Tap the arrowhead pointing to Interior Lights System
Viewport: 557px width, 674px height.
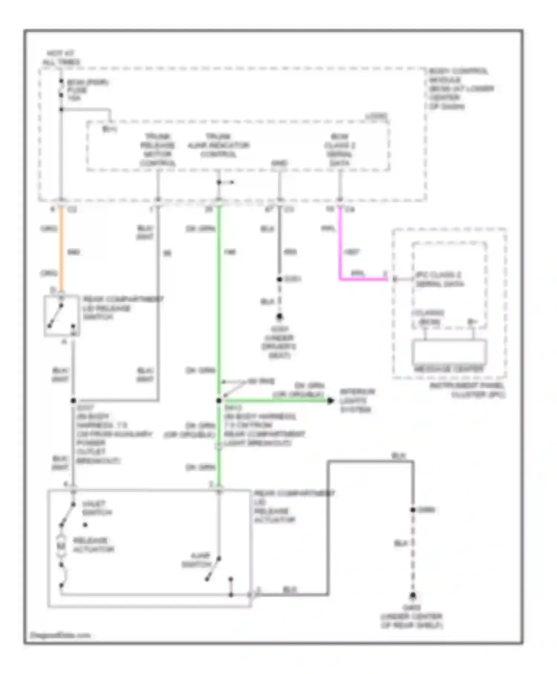point(330,401)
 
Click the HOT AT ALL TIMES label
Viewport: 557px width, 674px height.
point(61,58)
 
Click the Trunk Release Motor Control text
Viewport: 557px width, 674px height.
point(157,150)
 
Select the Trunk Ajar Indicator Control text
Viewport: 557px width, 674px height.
point(218,145)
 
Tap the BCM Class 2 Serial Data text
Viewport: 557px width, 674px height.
point(339,150)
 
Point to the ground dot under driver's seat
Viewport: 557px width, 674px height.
point(279,317)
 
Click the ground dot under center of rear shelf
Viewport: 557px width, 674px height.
point(413,596)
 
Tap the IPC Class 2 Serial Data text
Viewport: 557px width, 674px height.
point(439,279)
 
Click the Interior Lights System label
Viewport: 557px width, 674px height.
point(357,401)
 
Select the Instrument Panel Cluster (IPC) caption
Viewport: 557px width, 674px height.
point(467,390)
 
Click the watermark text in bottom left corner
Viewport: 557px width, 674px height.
point(60,635)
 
